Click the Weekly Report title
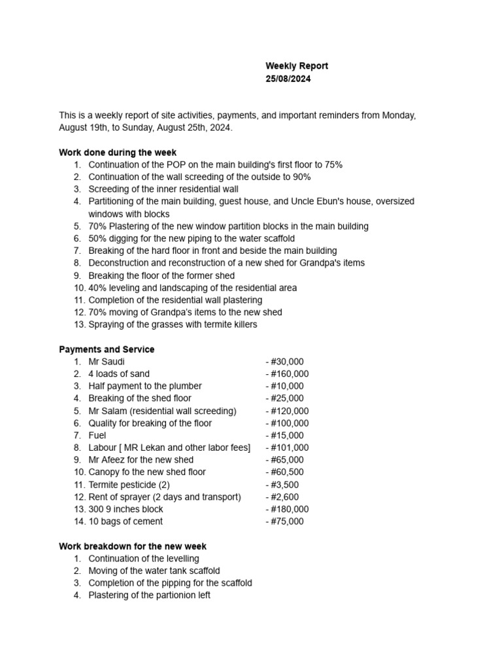[x=296, y=66]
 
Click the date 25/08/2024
[x=288, y=79]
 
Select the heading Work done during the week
[x=118, y=152]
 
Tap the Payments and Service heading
[x=107, y=349]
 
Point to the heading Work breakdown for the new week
[x=133, y=546]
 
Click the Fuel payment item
[x=97, y=435]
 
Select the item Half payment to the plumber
[x=145, y=386]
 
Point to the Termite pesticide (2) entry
[x=129, y=484]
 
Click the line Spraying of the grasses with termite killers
[x=173, y=325]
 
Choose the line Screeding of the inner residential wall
[x=163, y=189]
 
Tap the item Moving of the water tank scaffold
[x=154, y=571]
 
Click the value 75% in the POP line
[x=333, y=165]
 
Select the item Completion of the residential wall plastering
[x=175, y=300]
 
